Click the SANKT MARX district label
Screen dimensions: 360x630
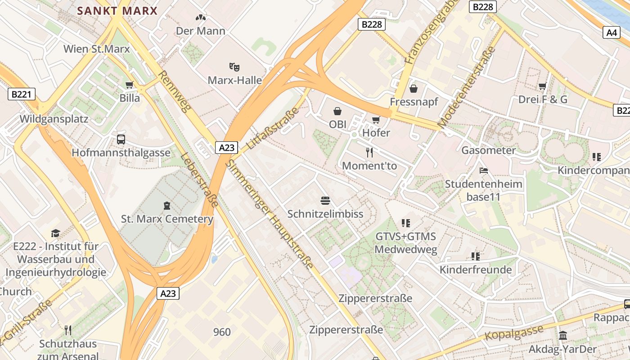tap(117, 11)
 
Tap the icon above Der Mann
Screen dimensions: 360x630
tap(201, 18)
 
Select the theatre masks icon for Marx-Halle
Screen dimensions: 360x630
tap(234, 67)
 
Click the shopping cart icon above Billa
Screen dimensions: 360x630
tap(130, 85)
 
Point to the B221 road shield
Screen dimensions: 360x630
tap(22, 94)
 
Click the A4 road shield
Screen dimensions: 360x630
tap(612, 32)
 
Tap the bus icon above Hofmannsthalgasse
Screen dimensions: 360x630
tap(121, 139)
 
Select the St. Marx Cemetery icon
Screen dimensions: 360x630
tap(167, 206)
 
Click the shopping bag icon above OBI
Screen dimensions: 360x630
tap(337, 111)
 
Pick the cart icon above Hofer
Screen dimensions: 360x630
tap(376, 120)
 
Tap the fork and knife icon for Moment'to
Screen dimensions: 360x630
tap(369, 153)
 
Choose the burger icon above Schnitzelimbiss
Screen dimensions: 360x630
tap(325, 200)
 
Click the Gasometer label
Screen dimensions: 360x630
tap(488, 150)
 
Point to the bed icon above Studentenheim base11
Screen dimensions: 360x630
tap(484, 171)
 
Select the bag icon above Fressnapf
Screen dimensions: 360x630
tap(414, 88)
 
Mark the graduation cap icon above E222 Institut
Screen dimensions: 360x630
tap(56, 233)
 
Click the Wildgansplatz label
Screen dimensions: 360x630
tap(54, 119)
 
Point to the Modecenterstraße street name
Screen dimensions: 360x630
tap(466, 88)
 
